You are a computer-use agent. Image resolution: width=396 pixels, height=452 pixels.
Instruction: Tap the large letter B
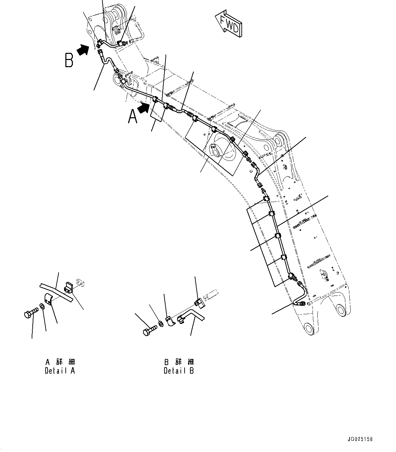pos(69,60)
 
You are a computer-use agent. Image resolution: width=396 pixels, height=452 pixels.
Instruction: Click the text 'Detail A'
pos(60,371)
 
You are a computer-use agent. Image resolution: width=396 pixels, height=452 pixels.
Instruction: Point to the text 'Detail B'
pos(178,371)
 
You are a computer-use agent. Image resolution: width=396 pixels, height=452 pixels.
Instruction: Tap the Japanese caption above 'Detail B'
pos(179,362)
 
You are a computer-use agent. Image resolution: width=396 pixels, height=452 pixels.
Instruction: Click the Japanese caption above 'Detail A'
pos(60,362)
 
